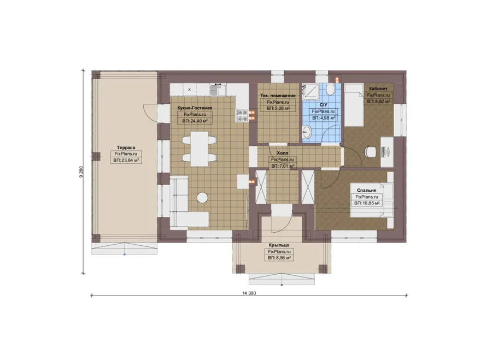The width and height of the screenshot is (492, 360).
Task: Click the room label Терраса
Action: coord(126,147)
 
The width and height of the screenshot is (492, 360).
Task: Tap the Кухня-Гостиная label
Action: coord(195,108)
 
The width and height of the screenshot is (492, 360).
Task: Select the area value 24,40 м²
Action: coord(195,121)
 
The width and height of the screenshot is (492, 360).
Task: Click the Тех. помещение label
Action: coord(278,96)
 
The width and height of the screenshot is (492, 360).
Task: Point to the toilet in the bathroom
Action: coord(330,90)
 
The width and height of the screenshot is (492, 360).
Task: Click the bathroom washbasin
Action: coord(307,132)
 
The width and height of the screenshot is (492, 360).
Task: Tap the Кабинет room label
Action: coord(378,88)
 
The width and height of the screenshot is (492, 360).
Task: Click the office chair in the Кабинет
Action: coord(370,152)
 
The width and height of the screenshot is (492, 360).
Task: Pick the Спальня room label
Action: coord(366,190)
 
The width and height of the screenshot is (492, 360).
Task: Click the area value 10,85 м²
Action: coord(367,203)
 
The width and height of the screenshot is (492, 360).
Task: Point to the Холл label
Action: coord(283,153)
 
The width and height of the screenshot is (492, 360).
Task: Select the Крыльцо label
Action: coord(279,245)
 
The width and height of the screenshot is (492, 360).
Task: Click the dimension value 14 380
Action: coord(249,293)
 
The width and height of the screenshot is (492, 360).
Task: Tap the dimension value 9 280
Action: coord(81,172)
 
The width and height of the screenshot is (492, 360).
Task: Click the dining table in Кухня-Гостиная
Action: coord(199,149)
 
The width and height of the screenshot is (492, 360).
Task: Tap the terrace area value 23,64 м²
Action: coord(126,160)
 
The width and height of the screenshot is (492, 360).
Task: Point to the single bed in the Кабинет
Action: coord(354,105)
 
